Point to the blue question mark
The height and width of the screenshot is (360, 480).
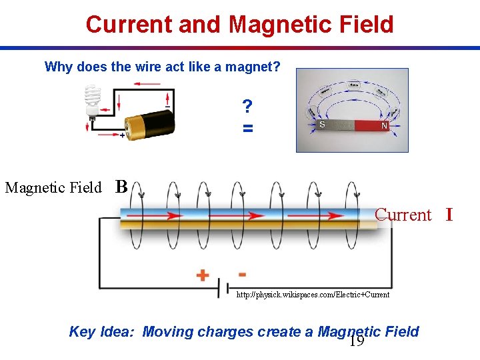point(247,106)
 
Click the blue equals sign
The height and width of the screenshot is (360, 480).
point(247,127)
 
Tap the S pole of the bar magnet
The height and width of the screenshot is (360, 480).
point(323,125)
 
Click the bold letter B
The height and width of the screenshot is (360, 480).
point(121,186)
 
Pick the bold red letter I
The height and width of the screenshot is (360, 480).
point(449,215)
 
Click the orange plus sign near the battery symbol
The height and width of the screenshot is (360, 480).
point(202,275)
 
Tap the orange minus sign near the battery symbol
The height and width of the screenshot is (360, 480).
point(241,273)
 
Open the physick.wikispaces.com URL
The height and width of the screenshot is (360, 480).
point(313,294)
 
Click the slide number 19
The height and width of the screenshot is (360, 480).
point(357,342)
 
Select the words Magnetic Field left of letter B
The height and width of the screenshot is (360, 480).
point(53,187)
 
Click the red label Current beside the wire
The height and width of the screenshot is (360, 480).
point(403,215)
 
